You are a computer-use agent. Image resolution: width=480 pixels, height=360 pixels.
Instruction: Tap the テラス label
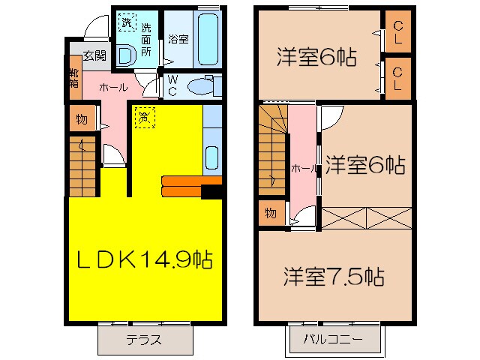click(x=143, y=339)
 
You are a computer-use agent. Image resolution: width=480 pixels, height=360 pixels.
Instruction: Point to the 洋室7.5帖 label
click(x=334, y=277)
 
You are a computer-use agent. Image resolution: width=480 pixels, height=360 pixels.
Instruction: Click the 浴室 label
click(x=178, y=38)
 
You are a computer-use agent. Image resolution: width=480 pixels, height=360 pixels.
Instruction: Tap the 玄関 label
click(x=94, y=55)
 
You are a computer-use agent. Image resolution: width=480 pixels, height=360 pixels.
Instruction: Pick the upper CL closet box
click(x=397, y=34)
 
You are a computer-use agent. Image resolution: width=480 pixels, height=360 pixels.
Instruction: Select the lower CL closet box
click(x=397, y=78)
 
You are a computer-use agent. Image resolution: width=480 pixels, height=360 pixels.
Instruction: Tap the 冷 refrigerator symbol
click(x=144, y=116)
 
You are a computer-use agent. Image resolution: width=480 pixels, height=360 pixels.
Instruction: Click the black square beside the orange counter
click(x=211, y=192)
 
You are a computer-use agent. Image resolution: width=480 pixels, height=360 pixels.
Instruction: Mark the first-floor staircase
click(x=83, y=166)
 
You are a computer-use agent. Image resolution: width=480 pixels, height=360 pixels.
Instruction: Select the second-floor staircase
click(x=272, y=150)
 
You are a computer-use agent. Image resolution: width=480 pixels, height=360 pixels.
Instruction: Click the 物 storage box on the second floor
click(x=270, y=214)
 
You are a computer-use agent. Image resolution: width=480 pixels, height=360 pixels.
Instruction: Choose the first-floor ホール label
click(x=113, y=87)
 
